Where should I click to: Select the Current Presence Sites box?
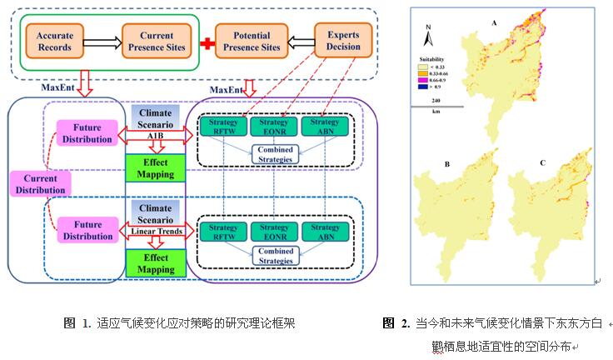(x=156, y=40)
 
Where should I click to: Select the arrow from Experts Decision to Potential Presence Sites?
(x=298, y=40)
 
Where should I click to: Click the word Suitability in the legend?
(x=434, y=58)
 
